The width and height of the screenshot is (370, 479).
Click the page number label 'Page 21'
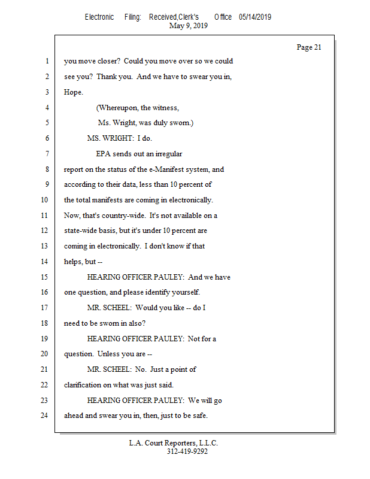[x=309, y=47]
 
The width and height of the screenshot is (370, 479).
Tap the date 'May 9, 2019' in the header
[x=189, y=26]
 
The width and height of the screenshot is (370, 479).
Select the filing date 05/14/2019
[x=255, y=17]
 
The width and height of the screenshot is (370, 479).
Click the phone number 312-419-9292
[x=187, y=451]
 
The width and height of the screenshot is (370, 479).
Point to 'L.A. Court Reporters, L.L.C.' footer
[x=174, y=443]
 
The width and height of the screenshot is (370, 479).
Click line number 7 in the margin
[x=46, y=154]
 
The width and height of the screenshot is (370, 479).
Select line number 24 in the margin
[x=44, y=416]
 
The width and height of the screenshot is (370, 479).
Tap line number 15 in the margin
[x=44, y=277]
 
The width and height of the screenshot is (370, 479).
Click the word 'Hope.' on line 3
[x=74, y=92]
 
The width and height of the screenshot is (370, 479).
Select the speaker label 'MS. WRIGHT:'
[x=110, y=138]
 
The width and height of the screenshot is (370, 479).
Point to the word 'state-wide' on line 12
[x=82, y=231]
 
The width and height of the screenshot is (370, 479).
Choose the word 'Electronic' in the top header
[x=99, y=17]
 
